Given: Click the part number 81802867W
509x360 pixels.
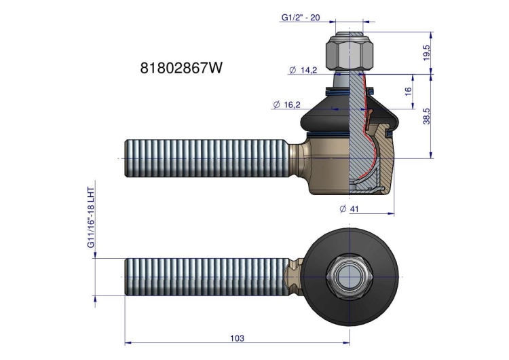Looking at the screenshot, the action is coord(181,68).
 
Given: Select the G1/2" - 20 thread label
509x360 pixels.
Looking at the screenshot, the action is coord(300,17).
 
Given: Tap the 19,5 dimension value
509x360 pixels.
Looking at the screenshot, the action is coord(427,52).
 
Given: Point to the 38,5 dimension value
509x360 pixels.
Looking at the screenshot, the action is coord(427,116).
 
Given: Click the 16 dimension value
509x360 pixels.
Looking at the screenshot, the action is coord(408,90).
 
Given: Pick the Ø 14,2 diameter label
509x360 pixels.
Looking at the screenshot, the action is coord(303,70).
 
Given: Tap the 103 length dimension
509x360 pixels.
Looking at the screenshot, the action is coord(238,338).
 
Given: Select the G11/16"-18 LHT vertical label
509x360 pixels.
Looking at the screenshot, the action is coord(91,217).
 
